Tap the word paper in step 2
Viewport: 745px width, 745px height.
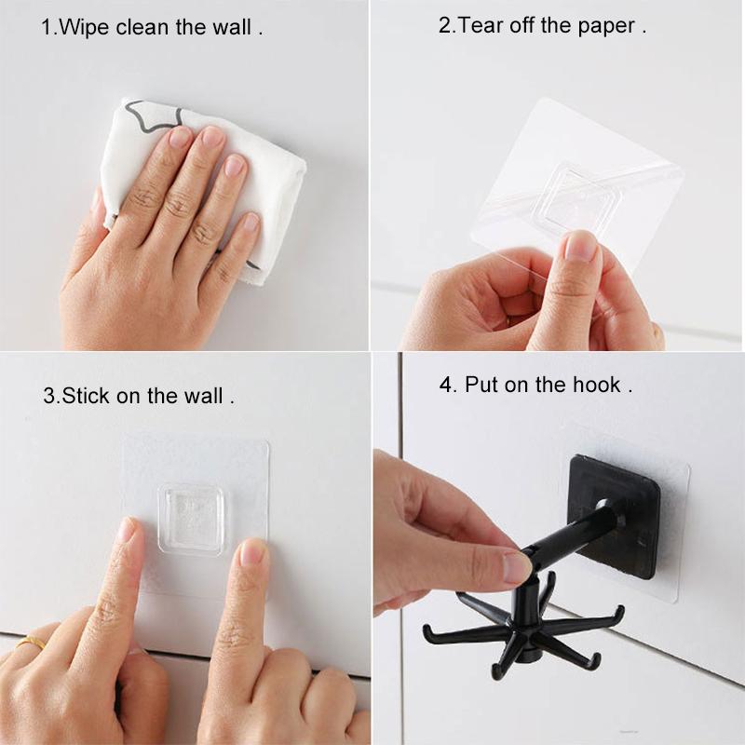pos(606,27)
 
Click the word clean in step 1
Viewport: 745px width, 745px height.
pos(142,27)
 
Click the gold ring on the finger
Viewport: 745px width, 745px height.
pos(30,642)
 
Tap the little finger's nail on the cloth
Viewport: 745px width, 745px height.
pos(251,223)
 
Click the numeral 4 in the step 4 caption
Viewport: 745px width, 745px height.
pos(446,385)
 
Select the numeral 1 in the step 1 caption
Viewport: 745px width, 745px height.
pos(47,28)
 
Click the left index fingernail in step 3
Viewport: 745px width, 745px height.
pos(128,529)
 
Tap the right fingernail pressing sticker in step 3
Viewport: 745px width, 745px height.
pos(251,552)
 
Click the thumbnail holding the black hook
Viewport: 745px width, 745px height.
pos(515,568)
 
